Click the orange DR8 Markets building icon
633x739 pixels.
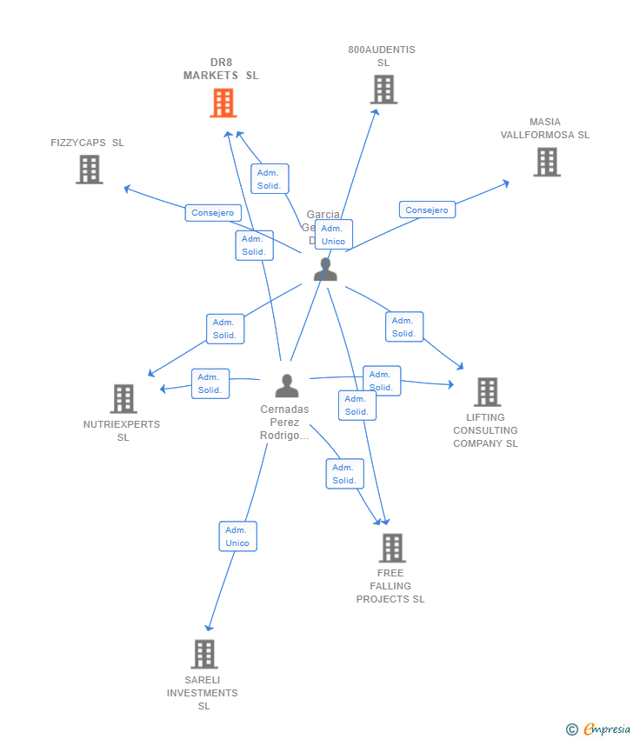[x=223, y=103]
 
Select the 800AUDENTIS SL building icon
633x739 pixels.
[x=383, y=90]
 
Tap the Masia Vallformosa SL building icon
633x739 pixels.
[x=546, y=162]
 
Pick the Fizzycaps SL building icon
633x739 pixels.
[x=90, y=170]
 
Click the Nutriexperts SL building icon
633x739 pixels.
[x=123, y=399]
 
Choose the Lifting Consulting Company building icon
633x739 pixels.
[x=487, y=392]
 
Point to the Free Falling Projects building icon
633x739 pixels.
[x=392, y=548]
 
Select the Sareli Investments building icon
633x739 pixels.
[x=203, y=654]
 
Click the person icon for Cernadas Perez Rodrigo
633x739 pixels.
[x=287, y=385]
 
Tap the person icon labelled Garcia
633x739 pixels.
[x=325, y=270]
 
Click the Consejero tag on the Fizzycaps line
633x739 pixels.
[x=213, y=213]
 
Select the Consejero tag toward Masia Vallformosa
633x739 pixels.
[x=427, y=210]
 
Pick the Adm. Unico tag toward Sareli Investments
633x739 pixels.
[x=237, y=536]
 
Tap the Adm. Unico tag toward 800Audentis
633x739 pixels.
[x=333, y=235]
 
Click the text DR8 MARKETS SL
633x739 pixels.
[x=221, y=69]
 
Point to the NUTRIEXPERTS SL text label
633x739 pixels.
[x=122, y=430]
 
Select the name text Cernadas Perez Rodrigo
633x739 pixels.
[x=284, y=423]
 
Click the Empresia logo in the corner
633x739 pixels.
[x=598, y=729]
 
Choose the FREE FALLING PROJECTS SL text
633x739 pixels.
[x=390, y=586]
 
